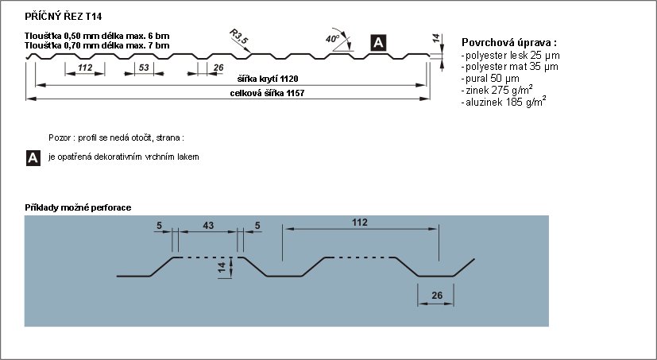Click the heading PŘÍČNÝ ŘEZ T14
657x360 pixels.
[64, 17]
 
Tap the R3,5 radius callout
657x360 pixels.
[239, 37]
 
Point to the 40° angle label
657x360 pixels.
[332, 39]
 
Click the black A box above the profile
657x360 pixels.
[378, 43]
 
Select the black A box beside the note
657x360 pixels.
[33, 158]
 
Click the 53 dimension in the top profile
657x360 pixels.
[144, 68]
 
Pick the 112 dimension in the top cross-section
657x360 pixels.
[85, 68]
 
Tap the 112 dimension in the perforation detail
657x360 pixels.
[360, 222]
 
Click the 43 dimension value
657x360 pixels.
[208, 226]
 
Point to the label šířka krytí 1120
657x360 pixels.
[268, 79]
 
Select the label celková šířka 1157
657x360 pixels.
[267, 93]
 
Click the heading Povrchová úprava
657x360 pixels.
[509, 42]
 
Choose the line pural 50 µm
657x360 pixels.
[490, 79]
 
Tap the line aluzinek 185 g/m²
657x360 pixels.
[503, 102]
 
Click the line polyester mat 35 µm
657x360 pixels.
[509, 66]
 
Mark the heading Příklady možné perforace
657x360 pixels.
[78, 207]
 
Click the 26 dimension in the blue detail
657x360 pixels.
[437, 296]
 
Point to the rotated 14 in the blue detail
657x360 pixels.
[222, 268]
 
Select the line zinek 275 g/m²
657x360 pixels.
[497, 90]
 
